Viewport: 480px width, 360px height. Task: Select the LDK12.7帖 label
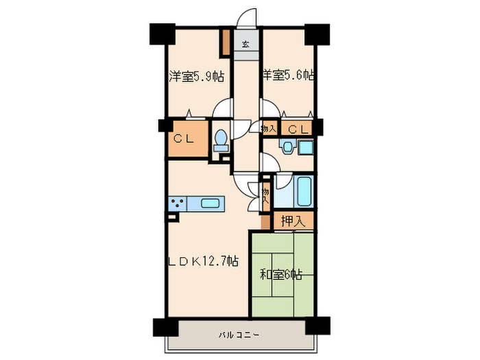coord(204,261)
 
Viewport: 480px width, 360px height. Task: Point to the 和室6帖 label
coord(281,275)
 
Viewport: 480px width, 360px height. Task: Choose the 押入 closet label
coord(293,221)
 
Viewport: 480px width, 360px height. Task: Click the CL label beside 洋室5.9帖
coord(182,138)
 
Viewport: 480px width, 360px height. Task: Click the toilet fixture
coord(221,141)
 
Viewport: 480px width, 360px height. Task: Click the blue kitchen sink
coord(211,204)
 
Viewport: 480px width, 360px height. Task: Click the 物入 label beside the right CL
coord(269,128)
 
